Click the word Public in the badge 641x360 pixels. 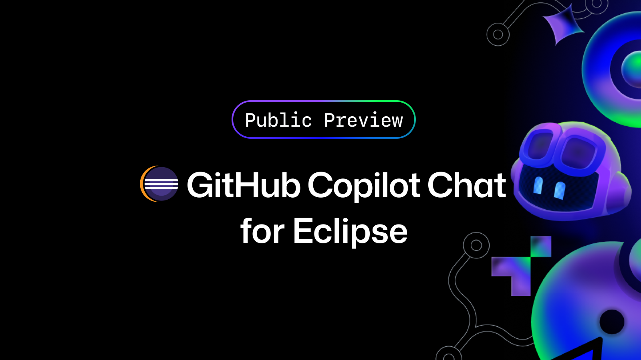(x=278, y=120)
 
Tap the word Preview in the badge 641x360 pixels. (x=363, y=120)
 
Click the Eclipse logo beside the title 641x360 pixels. (x=159, y=184)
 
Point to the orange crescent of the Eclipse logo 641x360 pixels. (x=143, y=184)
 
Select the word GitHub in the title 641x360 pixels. (x=243, y=185)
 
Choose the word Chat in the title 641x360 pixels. (x=466, y=185)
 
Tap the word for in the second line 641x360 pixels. (x=262, y=231)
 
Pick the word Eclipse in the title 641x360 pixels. (x=350, y=232)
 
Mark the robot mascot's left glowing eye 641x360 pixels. (x=538, y=185)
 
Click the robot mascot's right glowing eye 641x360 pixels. (x=560, y=190)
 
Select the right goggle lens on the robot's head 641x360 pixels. (x=577, y=152)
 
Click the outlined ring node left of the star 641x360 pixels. (x=498, y=34)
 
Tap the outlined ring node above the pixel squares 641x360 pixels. (x=476, y=245)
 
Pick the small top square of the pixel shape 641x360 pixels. (x=541, y=247)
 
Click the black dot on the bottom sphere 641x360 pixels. (x=612, y=322)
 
